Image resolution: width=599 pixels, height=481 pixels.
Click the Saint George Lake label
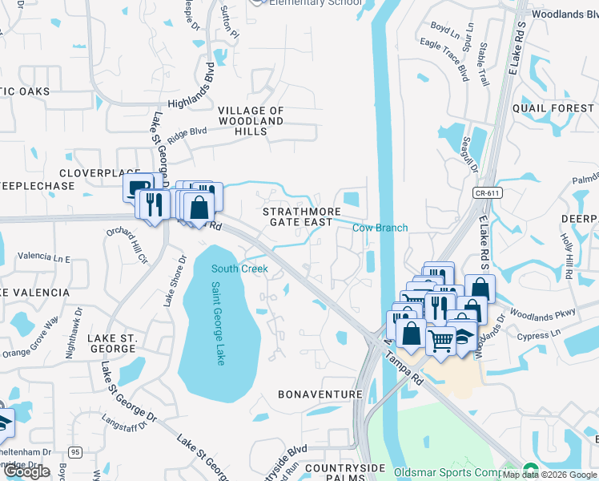(219, 323)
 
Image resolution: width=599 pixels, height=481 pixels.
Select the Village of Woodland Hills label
(251, 121)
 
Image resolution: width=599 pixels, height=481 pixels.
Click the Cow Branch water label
(380, 228)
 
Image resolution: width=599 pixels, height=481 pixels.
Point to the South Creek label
(239, 269)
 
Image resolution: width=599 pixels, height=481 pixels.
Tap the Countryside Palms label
(334, 473)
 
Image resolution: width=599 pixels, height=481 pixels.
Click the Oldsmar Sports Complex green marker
(529, 471)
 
